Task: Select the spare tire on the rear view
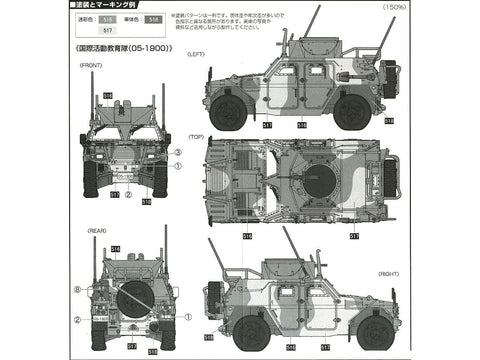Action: point(132,302)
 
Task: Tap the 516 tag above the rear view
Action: point(116,248)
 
